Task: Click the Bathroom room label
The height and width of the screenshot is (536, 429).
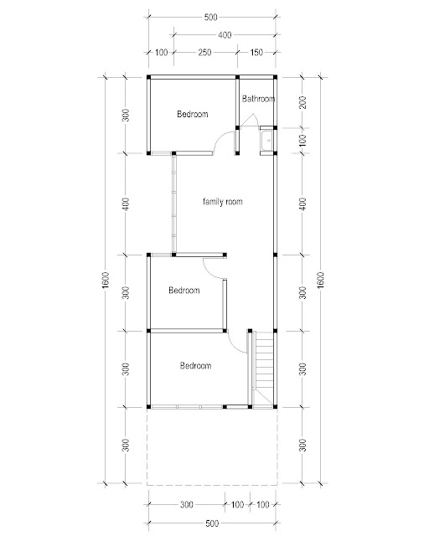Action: pos(258,99)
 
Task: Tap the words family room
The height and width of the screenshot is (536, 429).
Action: pos(223,201)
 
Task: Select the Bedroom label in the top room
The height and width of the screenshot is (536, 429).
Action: pos(193,114)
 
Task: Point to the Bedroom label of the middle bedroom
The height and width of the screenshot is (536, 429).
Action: pos(184,291)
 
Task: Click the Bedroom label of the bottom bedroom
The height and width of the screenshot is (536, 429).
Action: pos(196,365)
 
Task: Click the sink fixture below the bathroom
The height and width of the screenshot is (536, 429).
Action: pos(268,141)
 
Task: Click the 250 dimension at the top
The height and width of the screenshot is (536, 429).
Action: pos(204,52)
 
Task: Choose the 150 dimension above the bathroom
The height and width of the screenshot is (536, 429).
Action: pos(256,52)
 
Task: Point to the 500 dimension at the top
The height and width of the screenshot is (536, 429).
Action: pos(210,17)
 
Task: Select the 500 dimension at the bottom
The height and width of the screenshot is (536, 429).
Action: pos(212,523)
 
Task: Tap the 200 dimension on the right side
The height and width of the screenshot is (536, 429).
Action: pos(302,102)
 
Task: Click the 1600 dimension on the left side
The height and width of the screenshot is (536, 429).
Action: pos(106,280)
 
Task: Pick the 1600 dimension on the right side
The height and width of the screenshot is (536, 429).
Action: pos(321,280)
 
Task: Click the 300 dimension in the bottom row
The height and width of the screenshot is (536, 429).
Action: pos(187,504)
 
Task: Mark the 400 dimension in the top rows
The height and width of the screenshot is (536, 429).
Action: pos(225,34)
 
